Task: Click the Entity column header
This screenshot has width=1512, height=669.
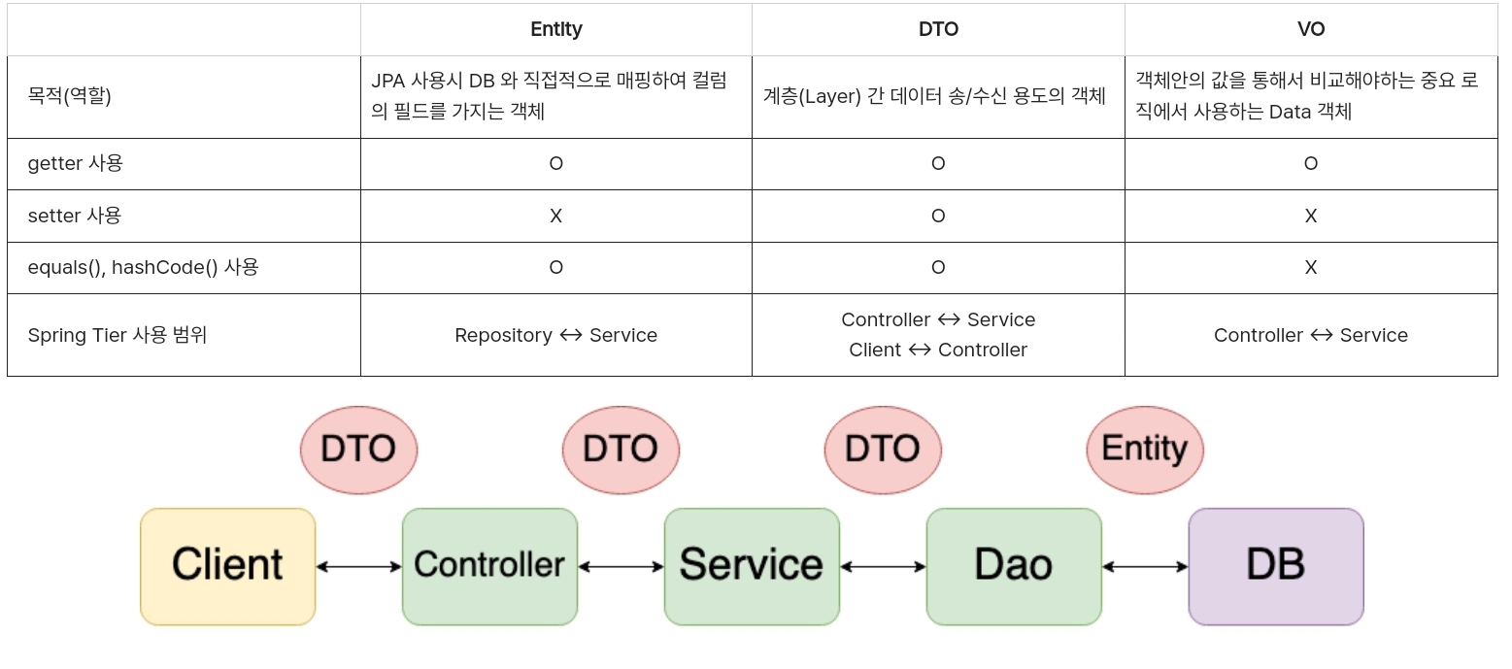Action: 555,29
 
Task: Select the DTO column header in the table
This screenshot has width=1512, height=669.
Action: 938,29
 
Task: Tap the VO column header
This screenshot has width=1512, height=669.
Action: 1310,29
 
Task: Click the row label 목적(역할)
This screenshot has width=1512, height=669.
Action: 69,96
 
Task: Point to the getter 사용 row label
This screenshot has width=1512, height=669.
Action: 75,163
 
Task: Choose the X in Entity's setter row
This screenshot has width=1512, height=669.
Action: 555,216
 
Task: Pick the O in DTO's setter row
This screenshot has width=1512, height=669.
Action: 938,216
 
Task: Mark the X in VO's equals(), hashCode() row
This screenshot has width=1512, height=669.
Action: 1310,267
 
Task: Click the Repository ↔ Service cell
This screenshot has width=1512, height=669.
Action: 555,335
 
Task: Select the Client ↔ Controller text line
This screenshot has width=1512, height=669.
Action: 938,350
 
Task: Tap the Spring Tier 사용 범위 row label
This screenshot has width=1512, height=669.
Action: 117,335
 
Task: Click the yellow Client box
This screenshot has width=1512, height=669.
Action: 228,566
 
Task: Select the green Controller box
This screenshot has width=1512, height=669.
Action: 489,566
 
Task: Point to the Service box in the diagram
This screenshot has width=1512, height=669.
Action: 752,566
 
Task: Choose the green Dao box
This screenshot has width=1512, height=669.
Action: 1013,566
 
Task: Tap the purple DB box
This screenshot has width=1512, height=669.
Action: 1275,566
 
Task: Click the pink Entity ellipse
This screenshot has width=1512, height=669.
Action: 1144,450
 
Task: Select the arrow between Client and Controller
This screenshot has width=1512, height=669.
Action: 359,566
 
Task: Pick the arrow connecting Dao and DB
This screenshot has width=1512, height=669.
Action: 1145,566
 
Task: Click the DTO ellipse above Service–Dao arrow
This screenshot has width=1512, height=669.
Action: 883,450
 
